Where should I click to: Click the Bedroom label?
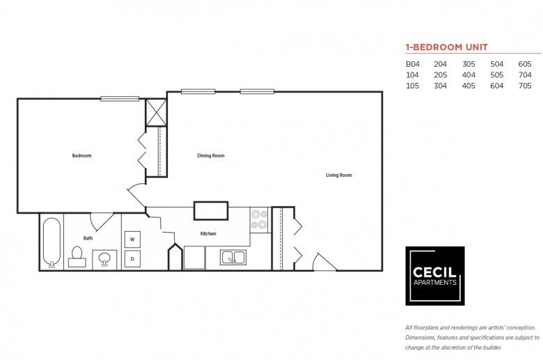click(81, 155)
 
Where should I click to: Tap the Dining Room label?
click(210, 155)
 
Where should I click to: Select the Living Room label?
click(339, 175)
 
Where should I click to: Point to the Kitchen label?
click(208, 233)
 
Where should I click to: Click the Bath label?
click(88, 238)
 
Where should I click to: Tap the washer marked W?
click(132, 240)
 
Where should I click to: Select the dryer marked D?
click(132, 259)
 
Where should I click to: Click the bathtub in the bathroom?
click(52, 242)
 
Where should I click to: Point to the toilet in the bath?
click(77, 257)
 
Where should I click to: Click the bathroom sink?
click(104, 259)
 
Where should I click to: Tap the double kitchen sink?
click(233, 258)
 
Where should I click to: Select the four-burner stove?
click(260, 219)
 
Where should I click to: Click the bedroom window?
click(120, 99)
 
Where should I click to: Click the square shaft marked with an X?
click(156, 113)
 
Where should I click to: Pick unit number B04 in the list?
click(412, 64)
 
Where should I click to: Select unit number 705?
click(525, 86)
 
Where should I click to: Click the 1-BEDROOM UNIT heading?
click(447, 47)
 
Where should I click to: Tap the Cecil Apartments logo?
click(435, 276)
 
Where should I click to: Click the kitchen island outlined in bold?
click(211, 211)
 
